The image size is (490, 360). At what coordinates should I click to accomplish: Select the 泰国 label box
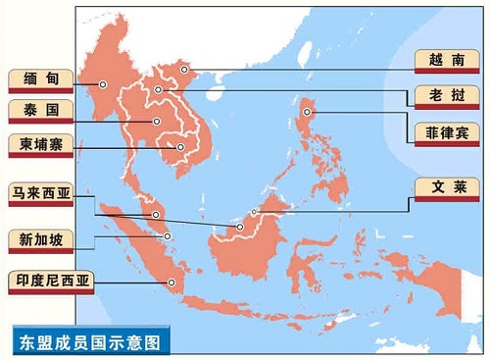tap(36, 110)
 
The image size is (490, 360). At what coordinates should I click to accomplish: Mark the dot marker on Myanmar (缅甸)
tap(102, 85)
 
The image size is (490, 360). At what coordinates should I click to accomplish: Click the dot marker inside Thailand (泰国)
tap(156, 122)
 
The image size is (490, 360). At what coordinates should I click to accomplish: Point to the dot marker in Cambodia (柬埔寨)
tap(179, 148)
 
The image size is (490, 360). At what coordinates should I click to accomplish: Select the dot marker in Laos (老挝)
tap(158, 90)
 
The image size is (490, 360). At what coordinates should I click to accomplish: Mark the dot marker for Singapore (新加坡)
tap(168, 235)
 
